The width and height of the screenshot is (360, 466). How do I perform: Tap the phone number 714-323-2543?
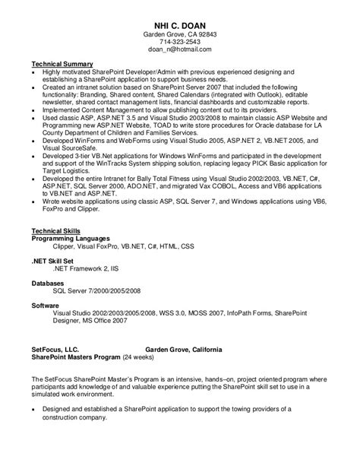(x=179, y=43)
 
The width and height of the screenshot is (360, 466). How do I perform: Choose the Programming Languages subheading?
(x=70, y=238)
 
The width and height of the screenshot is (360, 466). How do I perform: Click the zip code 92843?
(x=206, y=35)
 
